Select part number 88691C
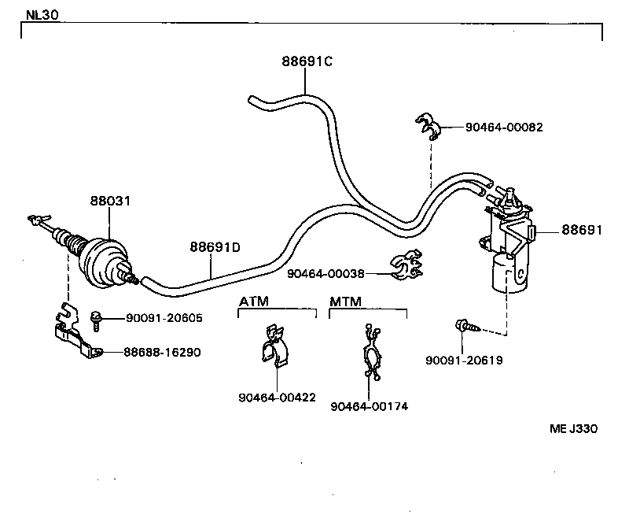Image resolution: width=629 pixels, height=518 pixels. coord(307,61)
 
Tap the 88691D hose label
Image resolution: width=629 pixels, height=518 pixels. coord(215,247)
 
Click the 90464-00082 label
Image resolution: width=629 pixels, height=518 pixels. coord(504,127)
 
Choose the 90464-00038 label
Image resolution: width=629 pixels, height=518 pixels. coord(326,273)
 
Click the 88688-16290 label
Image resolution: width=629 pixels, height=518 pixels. coord(162,352)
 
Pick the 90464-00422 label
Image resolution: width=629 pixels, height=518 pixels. coord(277,398)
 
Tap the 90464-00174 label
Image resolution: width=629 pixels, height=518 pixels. coord(370,406)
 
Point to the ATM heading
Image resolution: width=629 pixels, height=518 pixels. coord(253,302)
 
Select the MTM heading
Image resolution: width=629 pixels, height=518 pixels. coord(344,302)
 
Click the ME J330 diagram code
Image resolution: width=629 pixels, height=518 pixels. coord(574,429)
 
